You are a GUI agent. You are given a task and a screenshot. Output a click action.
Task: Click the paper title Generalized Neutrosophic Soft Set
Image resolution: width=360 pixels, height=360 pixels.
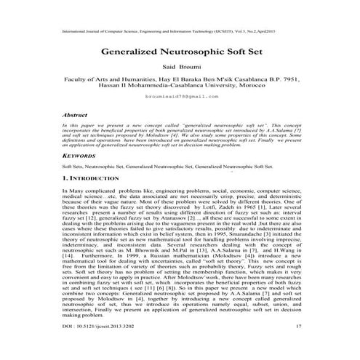[x=179, y=53]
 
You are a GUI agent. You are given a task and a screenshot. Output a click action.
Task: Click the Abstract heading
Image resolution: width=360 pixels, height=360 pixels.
[x=75, y=115]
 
